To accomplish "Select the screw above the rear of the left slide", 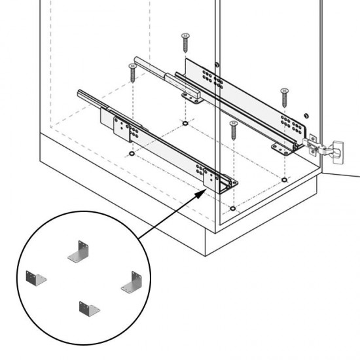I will point(132,71).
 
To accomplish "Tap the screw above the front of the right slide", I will point(284,96).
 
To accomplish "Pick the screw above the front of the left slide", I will point(232,129).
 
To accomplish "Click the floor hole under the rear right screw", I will point(185,122).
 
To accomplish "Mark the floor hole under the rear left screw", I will point(132,154).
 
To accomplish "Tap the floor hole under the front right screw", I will point(284,178).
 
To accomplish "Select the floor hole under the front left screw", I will point(232,209).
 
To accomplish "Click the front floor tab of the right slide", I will point(283,150).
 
